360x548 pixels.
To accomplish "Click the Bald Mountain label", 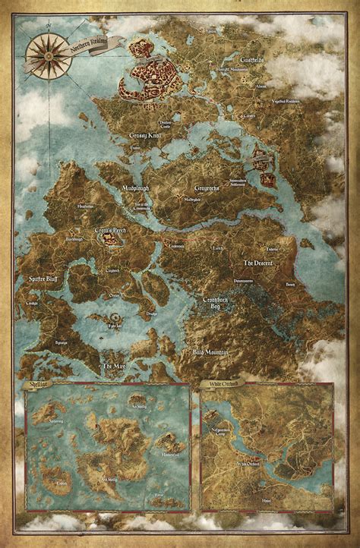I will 209,352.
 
